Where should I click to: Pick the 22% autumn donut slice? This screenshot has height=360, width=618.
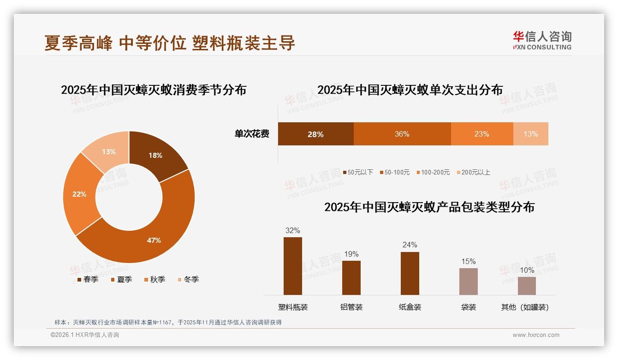[x=80, y=194]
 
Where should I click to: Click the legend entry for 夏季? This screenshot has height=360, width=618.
[x=122, y=279]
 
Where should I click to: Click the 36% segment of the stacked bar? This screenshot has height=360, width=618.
[x=402, y=134]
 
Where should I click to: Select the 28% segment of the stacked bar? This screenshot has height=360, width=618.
[x=315, y=134]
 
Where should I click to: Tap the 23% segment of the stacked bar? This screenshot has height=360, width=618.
[x=481, y=134]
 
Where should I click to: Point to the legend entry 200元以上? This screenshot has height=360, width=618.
[x=473, y=172]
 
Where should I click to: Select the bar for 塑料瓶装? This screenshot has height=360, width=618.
[x=292, y=266]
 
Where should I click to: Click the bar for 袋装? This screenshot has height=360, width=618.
[x=468, y=281]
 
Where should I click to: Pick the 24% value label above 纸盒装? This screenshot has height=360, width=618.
[x=410, y=245]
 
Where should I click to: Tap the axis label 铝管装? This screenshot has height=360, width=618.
[x=351, y=307]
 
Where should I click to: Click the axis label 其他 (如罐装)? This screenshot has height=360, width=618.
[x=525, y=307]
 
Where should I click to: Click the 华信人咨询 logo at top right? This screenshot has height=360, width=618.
[x=542, y=40]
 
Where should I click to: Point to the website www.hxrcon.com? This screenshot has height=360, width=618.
[x=536, y=335]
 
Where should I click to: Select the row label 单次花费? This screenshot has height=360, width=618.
[x=252, y=134]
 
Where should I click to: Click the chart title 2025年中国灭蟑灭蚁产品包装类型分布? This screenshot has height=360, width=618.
[x=429, y=207]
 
